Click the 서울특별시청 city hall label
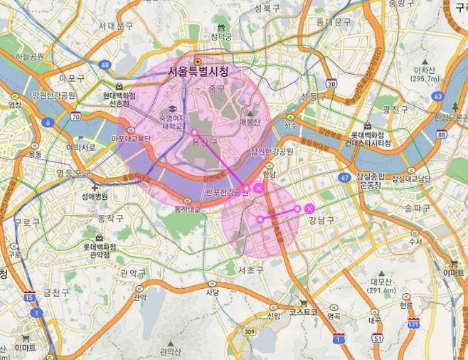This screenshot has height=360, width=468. [198, 72]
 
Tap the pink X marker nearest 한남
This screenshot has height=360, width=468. [257, 187]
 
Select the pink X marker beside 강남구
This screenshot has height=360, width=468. [309, 208]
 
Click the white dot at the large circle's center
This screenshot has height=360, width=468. [193, 132]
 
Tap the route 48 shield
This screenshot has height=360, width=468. [105, 65]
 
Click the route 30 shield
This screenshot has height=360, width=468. [331, 83]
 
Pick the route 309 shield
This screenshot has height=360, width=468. [248, 332]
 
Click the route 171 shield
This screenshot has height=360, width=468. [413, 324]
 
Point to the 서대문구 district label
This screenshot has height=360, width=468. [116, 26]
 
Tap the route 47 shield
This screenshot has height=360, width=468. [345, 177]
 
